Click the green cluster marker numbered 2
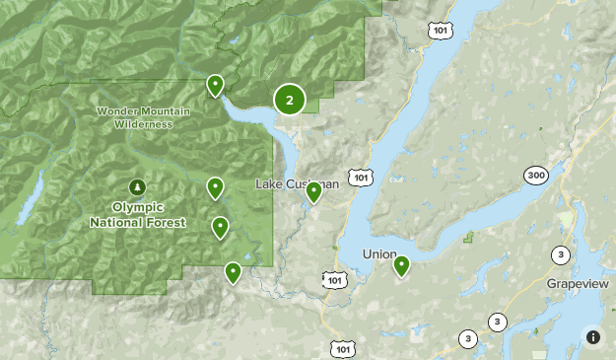coord(289,99)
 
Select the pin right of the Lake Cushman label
coord(313,191)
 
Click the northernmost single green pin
coord(214,86)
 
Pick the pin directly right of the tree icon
coord(215,187)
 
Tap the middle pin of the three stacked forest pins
coord(221,228)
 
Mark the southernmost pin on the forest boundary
coord(233,272)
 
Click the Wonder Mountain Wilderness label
coord(135,117)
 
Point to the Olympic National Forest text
coord(136,215)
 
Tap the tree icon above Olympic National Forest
coord(137,187)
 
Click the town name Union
coord(378,254)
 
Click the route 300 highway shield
coord(536,175)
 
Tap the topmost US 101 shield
coord(440,30)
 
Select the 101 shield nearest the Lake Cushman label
coord(362,177)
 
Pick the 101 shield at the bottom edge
coord(343,348)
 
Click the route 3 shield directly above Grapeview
coord(561,254)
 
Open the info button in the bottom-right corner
coord(592,336)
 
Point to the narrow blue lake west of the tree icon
coord(30,197)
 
